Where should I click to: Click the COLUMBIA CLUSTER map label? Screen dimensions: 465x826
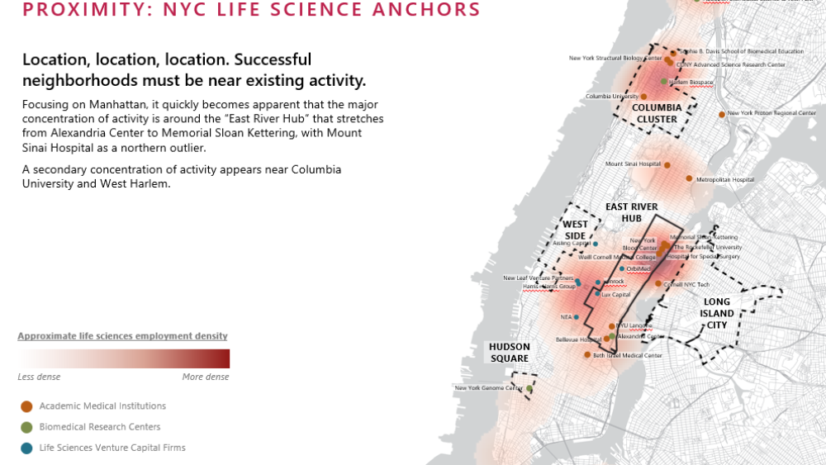pos(657,113)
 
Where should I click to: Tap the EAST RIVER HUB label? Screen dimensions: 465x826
pos(632,212)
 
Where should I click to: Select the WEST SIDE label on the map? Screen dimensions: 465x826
pos(576,230)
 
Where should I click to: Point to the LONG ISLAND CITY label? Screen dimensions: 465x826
pos(717,313)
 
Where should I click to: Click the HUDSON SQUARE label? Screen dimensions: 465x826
pos(509,353)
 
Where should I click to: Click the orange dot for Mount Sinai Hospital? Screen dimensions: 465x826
pos(667,165)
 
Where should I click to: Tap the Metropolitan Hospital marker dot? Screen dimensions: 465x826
pos(689,178)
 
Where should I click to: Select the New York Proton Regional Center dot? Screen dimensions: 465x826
pos(722,114)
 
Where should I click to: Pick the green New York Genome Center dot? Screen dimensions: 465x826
pos(529,387)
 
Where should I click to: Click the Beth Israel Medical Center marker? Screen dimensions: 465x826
pos(586,355)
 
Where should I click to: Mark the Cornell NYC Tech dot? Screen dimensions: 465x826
pos(658,284)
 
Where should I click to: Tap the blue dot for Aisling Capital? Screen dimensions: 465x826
pos(595,244)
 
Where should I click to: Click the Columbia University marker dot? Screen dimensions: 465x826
pos(643,97)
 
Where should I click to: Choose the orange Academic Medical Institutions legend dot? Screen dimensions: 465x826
pos(26,406)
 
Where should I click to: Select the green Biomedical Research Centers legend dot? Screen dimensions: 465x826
pos(26,427)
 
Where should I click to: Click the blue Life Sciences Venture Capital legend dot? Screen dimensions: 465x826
pos(26,448)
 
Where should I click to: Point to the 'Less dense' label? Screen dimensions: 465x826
pos(39,377)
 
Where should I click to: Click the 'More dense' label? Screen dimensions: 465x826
pos(206,377)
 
